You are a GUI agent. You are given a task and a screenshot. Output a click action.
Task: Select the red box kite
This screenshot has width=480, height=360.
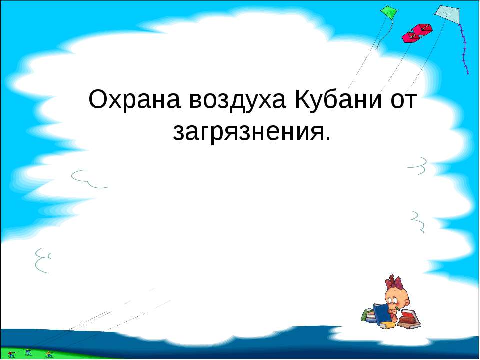pos(416,31)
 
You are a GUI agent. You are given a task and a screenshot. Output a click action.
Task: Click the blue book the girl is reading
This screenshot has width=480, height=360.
pos(382,314)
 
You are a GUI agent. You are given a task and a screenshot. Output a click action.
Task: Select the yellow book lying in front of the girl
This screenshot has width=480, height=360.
pos(388,325)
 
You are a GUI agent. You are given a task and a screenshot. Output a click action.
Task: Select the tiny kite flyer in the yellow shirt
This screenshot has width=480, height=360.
pos(48,354)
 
